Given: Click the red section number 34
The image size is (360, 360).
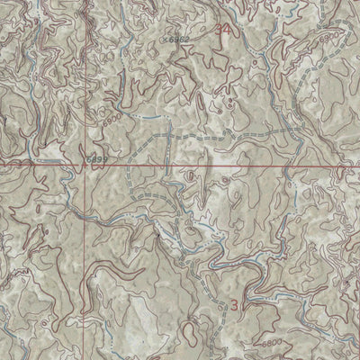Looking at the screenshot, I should tap(229, 31).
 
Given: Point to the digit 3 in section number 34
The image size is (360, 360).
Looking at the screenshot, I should tap(224, 31).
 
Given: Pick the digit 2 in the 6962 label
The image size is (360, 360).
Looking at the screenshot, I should tap(187, 40).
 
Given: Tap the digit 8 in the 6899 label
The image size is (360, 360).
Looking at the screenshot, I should tap(95, 157).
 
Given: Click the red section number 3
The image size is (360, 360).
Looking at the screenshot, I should tap(236, 305).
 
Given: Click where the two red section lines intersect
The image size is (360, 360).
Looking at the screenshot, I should tap(86, 166).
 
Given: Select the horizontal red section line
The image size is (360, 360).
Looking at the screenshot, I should tap(225, 166).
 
